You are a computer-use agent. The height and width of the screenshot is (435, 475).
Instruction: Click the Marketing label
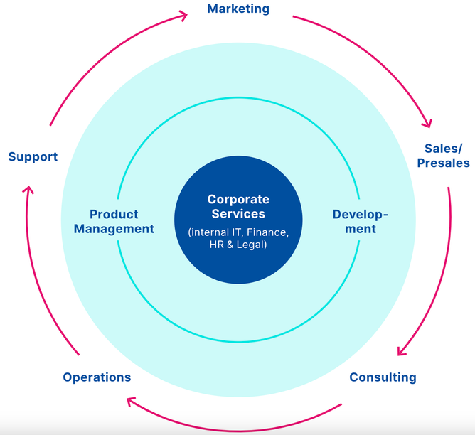click(x=238, y=9)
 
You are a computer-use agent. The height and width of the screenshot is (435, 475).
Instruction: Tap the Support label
click(x=33, y=156)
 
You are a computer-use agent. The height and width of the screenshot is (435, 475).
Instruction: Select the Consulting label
click(x=383, y=377)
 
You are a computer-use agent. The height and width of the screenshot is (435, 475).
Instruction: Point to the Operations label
click(x=97, y=377)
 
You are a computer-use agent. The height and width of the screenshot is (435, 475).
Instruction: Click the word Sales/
click(x=443, y=149)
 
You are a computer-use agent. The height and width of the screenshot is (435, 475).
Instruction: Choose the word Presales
click(x=443, y=163)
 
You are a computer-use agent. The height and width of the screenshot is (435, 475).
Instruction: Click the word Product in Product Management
click(x=114, y=214)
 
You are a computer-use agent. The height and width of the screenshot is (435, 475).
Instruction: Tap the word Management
click(x=114, y=229)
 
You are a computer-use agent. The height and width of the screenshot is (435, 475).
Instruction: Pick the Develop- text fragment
click(x=361, y=214)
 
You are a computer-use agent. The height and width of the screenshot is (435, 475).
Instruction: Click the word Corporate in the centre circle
click(x=238, y=200)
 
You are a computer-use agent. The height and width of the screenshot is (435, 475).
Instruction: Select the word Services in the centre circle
click(x=238, y=214)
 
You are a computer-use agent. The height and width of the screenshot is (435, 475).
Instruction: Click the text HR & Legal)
click(x=238, y=245)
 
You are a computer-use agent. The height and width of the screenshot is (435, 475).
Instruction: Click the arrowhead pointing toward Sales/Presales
click(x=426, y=122)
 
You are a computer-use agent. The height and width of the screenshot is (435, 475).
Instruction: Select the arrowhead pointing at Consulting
click(x=402, y=350)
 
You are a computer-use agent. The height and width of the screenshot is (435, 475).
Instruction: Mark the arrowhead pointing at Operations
click(x=132, y=402)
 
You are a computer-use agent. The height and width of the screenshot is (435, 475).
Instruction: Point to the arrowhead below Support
click(x=28, y=190)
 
